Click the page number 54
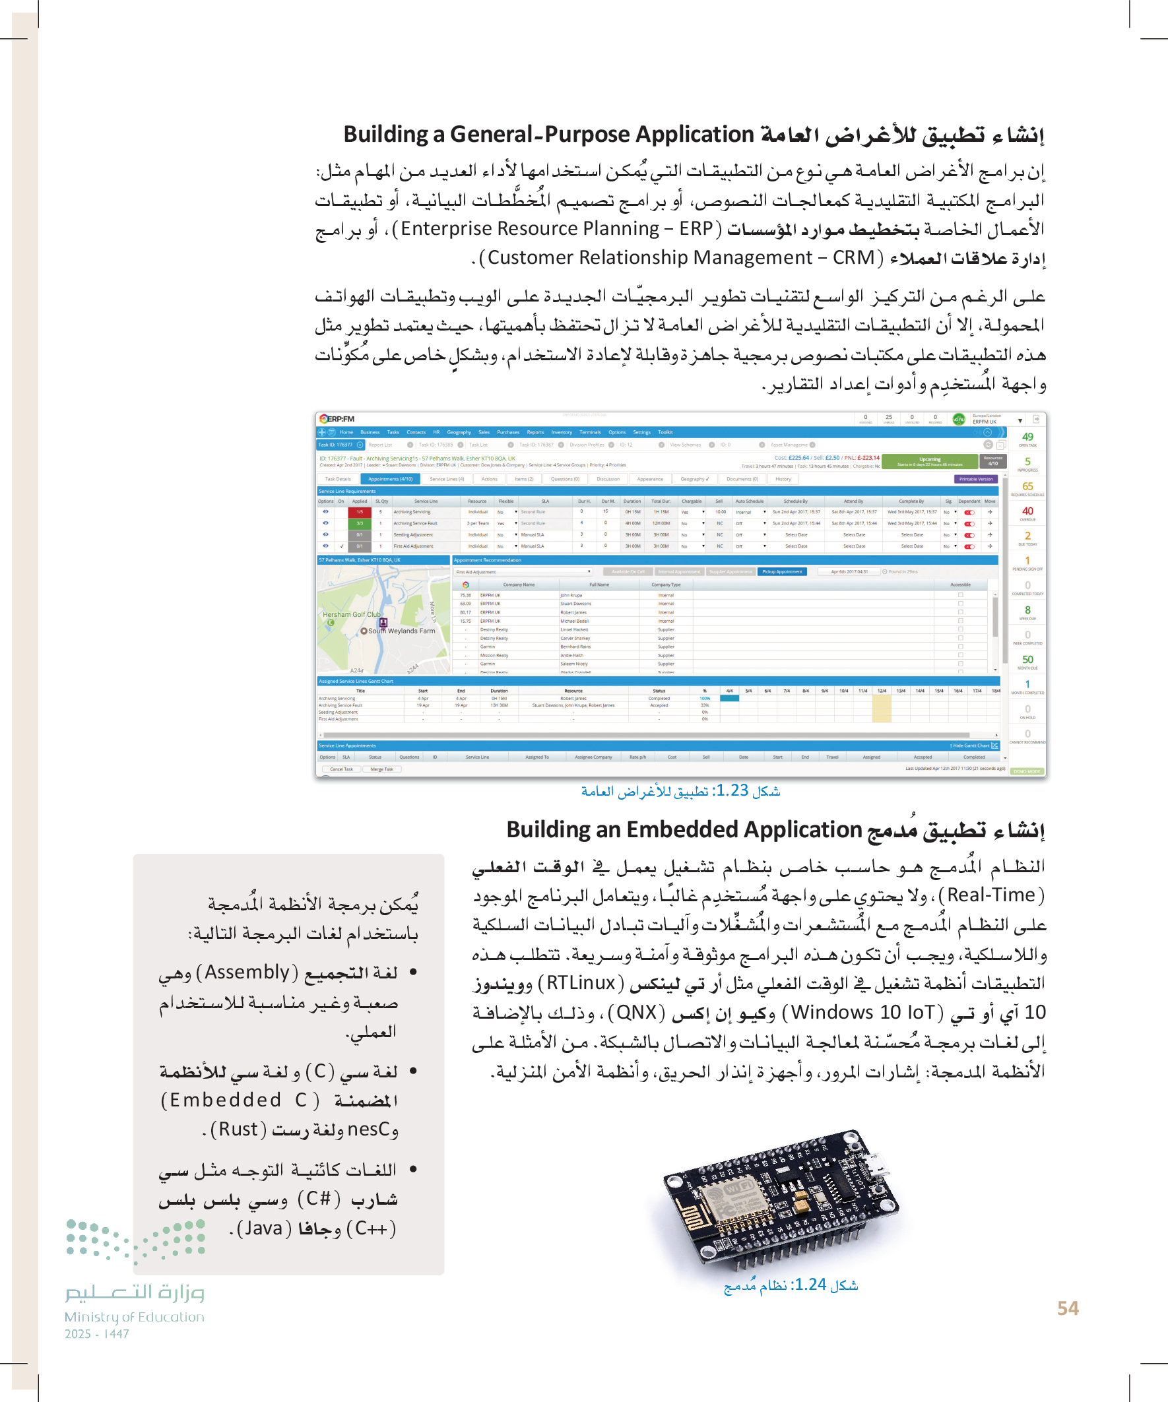1068,1308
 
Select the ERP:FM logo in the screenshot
337,419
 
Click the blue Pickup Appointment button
782,571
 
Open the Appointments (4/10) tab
390,479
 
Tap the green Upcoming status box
929,461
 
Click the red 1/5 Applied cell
359,512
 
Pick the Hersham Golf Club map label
351,614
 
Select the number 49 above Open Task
1027,437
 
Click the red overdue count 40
1027,511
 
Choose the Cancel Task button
341,769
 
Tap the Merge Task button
382,769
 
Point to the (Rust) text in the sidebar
238,1129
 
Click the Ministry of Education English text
134,1317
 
